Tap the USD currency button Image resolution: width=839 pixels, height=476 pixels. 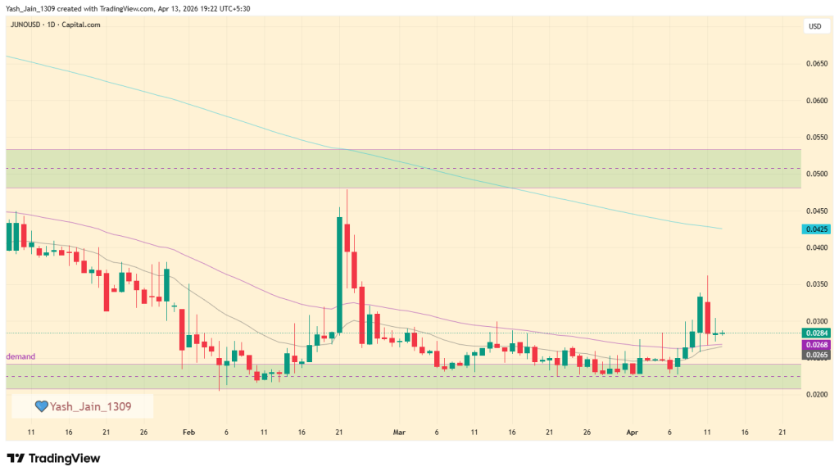pos(814,26)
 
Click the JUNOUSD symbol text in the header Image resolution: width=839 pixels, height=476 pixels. pos(25,25)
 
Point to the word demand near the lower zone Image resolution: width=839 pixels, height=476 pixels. pos(20,357)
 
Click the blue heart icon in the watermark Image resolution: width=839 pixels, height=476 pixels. pos(41,406)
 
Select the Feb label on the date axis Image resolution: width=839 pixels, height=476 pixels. pos(188,432)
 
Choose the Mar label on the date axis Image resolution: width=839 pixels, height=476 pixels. pos(399,432)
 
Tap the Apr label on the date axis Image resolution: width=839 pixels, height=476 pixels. pos(632,432)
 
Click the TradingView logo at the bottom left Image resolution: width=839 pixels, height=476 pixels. pos(53,459)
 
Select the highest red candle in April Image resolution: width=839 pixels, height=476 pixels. pos(707,316)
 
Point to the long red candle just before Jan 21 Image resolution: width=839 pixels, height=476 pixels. pos(106,291)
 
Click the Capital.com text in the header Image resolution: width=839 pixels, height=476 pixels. pos(82,25)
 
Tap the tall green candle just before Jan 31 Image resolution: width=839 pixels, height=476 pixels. pos(166,284)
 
